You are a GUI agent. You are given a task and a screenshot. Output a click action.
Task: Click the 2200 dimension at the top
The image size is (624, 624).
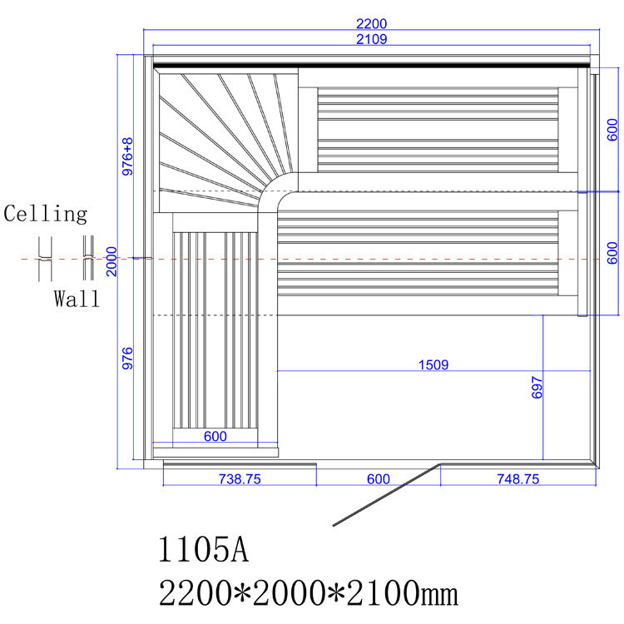(x=371, y=24)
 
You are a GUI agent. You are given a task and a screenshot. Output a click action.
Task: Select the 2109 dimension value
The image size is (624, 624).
(x=371, y=39)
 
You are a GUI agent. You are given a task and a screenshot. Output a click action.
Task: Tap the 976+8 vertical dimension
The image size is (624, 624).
(x=127, y=156)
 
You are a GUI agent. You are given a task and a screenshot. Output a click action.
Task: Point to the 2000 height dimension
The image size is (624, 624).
(x=111, y=261)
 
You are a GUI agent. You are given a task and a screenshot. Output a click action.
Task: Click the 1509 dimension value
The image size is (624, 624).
(x=433, y=364)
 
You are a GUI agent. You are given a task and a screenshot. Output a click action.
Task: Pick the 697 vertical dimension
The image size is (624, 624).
(x=537, y=387)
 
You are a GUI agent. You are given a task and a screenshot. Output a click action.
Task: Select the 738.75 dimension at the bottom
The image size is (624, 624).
(x=240, y=478)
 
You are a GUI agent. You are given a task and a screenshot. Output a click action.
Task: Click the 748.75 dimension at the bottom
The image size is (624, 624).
(x=518, y=478)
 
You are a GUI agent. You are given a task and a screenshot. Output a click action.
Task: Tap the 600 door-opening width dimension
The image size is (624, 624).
(x=378, y=478)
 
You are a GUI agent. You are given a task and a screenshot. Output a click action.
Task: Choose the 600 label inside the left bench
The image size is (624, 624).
(x=215, y=436)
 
